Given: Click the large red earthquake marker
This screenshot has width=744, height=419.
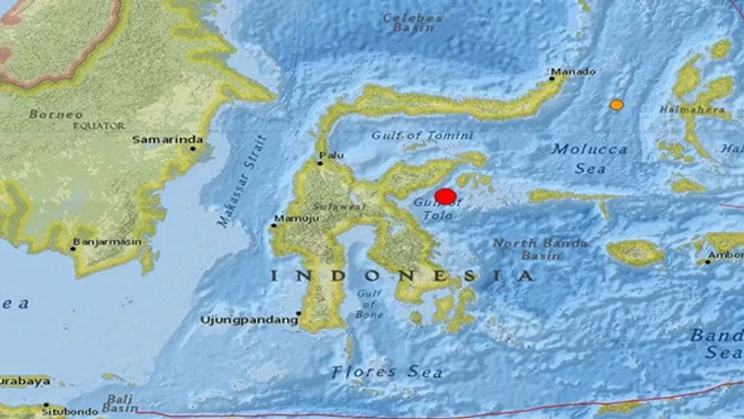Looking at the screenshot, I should click(445, 197).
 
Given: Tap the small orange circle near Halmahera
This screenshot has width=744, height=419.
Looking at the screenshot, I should click(617, 105).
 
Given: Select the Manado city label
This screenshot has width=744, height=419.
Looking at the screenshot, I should click(575, 72).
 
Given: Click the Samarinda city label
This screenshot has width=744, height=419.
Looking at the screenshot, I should click(167, 140).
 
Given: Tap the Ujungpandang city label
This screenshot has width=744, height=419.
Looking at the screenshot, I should click(250, 319).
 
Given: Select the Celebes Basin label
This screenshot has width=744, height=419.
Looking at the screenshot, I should click(412, 23).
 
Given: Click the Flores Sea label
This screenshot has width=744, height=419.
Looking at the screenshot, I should click(387, 371).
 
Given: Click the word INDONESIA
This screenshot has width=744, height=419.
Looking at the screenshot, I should click(400, 275).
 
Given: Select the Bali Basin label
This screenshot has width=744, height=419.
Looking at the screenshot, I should click(120, 403).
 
